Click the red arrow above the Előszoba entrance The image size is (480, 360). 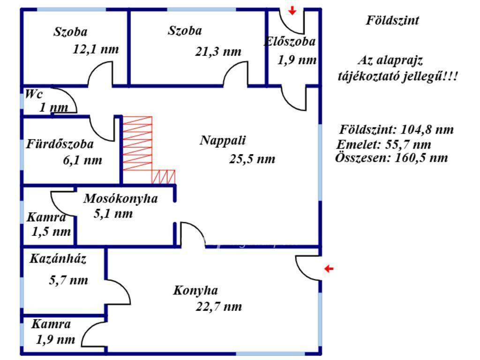[x=292, y=10]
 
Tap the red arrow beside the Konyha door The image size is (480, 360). [x=330, y=269]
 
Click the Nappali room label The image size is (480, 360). [x=223, y=140]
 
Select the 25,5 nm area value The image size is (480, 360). [x=252, y=159]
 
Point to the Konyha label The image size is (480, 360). [x=195, y=291]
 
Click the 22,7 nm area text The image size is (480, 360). [x=219, y=307]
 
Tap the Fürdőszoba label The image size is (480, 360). [x=60, y=144]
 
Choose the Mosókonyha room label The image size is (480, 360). [x=120, y=198]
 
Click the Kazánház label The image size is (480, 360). [x=58, y=259]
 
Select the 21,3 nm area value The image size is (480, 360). [x=218, y=52]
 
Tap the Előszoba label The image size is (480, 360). [x=290, y=41]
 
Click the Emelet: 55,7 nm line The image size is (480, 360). [x=384, y=144]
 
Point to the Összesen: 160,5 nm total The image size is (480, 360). [x=391, y=157]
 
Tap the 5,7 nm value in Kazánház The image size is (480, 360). [x=68, y=280]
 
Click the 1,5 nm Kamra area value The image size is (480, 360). [x=52, y=232]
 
